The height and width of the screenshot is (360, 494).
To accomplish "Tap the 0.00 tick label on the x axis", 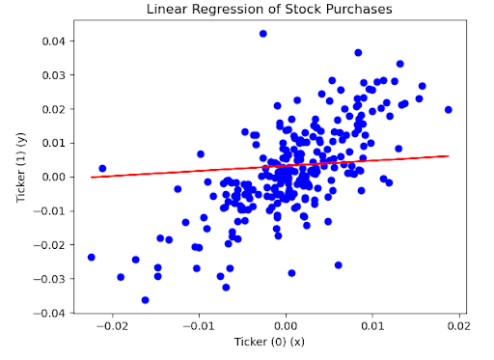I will (286, 326).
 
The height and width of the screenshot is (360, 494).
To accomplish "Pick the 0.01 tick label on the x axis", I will (372, 326).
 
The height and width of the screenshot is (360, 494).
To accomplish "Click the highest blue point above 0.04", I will (263, 34).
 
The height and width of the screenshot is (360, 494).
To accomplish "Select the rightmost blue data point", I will (449, 110).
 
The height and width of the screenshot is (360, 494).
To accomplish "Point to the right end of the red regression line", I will (449, 155).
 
